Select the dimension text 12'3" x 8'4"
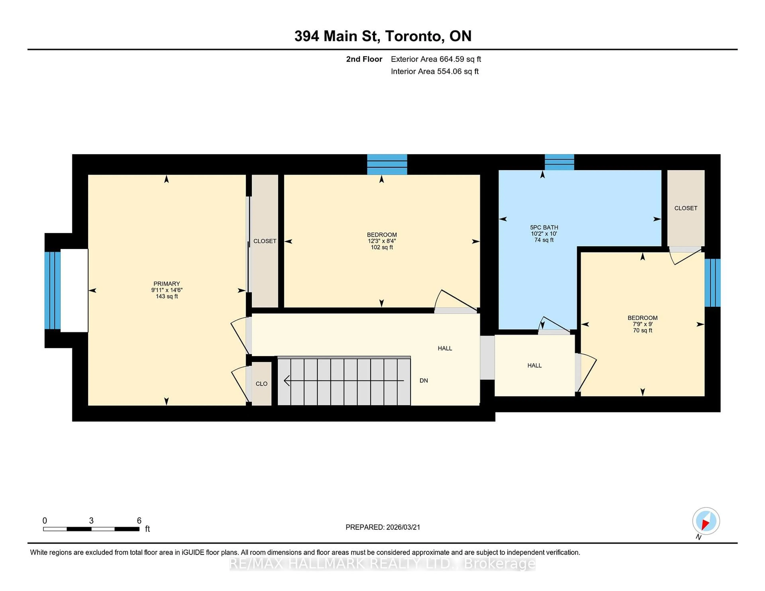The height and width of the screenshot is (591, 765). click(382, 241)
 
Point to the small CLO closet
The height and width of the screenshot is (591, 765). click(261, 383)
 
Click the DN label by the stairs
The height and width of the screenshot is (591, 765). click(424, 380)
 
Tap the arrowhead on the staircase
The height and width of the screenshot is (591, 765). click(286, 380)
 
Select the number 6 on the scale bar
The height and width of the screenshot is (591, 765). click(139, 520)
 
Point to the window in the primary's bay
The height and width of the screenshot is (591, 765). click(53, 290)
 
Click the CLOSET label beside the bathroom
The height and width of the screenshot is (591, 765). click(686, 208)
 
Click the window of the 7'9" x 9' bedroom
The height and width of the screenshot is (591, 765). click(712, 283)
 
